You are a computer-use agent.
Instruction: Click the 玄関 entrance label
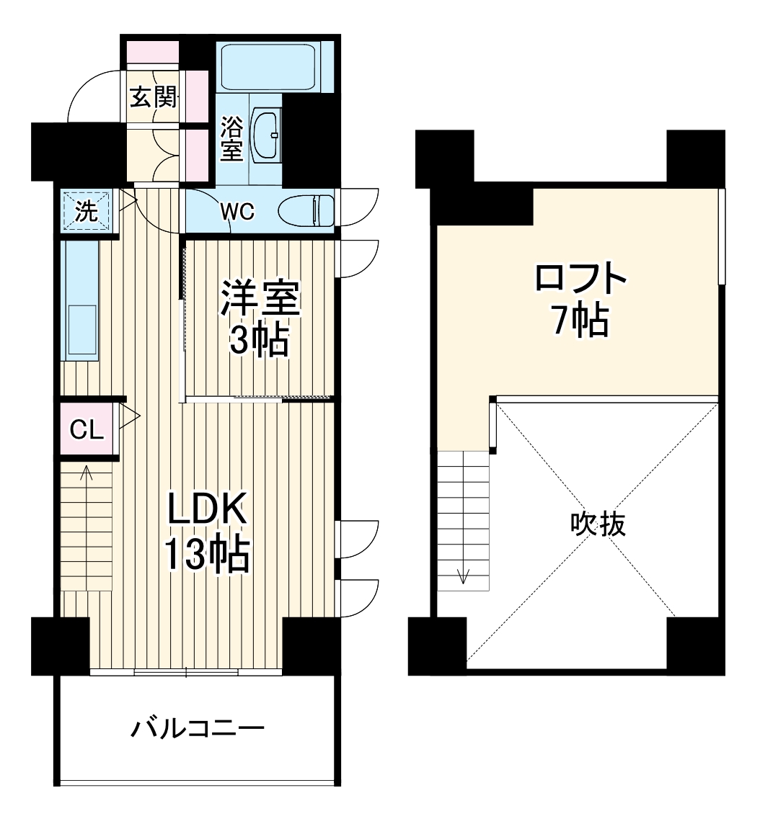[153, 97]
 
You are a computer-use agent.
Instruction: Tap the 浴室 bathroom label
[231, 139]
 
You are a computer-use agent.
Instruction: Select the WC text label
[237, 212]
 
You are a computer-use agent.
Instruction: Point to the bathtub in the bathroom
[268, 66]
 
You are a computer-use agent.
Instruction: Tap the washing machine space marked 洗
[86, 210]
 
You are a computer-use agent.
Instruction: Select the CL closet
[87, 430]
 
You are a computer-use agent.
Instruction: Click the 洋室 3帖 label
[259, 318]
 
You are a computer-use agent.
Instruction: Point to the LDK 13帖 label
[207, 532]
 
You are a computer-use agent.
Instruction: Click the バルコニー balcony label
[197, 730]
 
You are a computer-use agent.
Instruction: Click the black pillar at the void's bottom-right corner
[695, 645]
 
